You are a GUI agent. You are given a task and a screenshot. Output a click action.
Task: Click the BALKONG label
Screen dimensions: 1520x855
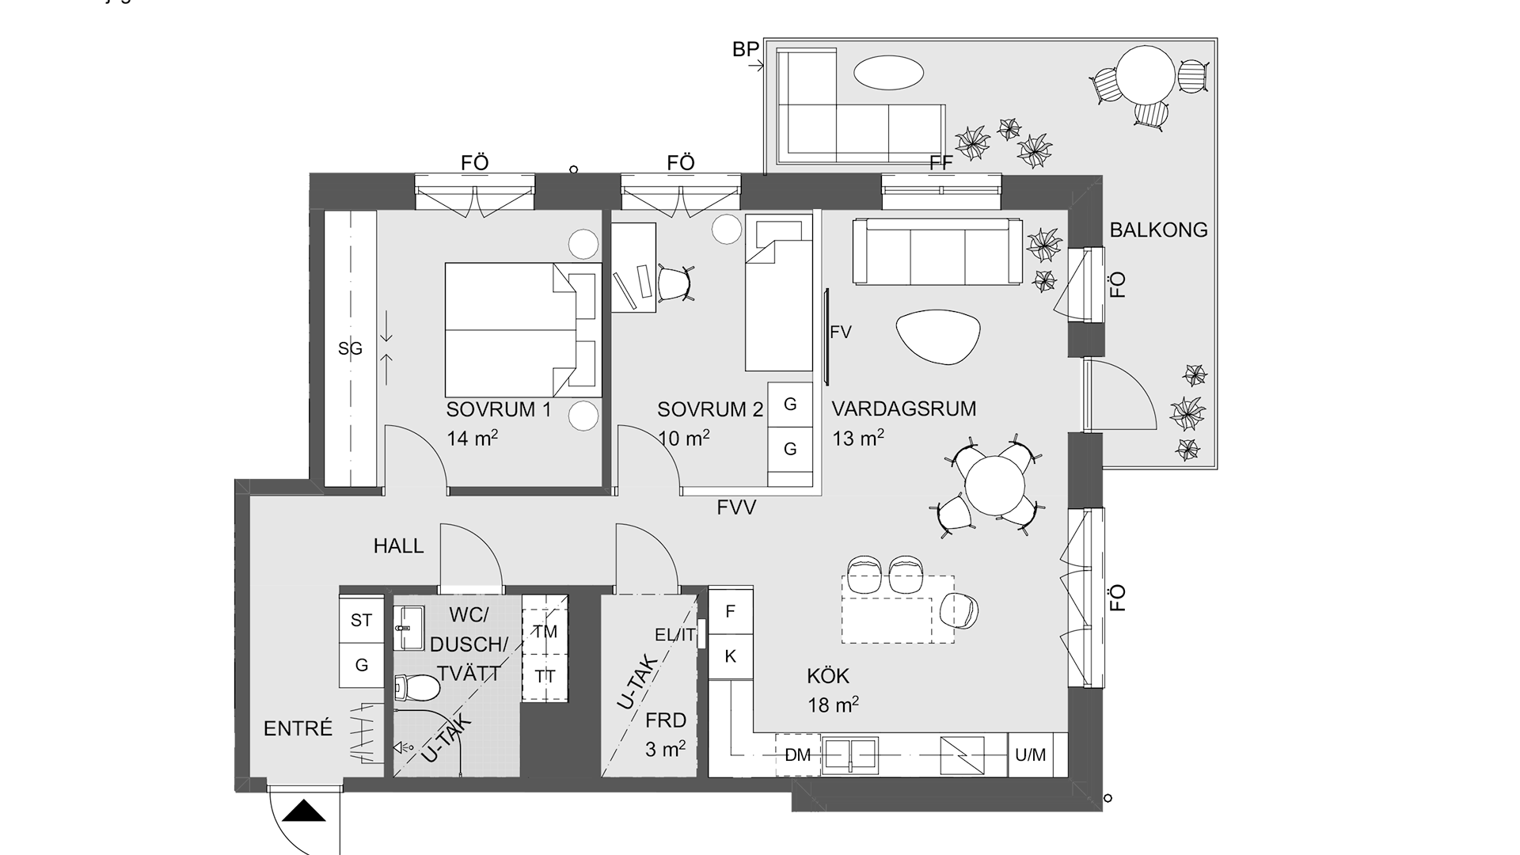1158,230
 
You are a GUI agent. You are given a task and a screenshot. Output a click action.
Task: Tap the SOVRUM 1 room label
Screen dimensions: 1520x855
499,409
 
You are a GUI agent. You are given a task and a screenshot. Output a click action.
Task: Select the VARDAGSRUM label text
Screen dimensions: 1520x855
903,408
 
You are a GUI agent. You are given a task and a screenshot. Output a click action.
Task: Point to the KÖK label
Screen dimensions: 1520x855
828,675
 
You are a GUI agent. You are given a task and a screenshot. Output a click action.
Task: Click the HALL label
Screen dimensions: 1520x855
399,545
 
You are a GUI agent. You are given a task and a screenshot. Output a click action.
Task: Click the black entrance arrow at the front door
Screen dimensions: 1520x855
305,811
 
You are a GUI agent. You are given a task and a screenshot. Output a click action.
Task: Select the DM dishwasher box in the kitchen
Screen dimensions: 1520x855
798,755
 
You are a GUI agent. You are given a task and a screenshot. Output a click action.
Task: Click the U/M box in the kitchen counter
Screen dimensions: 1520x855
1030,755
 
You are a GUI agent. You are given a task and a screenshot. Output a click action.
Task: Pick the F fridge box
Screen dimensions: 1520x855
731,611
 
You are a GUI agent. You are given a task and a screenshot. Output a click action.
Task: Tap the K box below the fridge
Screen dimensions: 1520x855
731,656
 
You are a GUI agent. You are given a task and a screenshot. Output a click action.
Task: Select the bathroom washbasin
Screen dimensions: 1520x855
410,627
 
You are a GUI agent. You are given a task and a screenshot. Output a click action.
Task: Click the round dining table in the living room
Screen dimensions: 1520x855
994,485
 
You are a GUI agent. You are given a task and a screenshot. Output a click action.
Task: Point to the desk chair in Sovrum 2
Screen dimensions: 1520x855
676,283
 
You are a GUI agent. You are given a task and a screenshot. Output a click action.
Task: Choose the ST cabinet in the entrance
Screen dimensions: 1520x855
362,620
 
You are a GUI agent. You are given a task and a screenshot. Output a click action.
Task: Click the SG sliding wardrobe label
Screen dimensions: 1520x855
350,348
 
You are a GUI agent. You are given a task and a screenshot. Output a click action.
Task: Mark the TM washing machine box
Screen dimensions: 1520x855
545,632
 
